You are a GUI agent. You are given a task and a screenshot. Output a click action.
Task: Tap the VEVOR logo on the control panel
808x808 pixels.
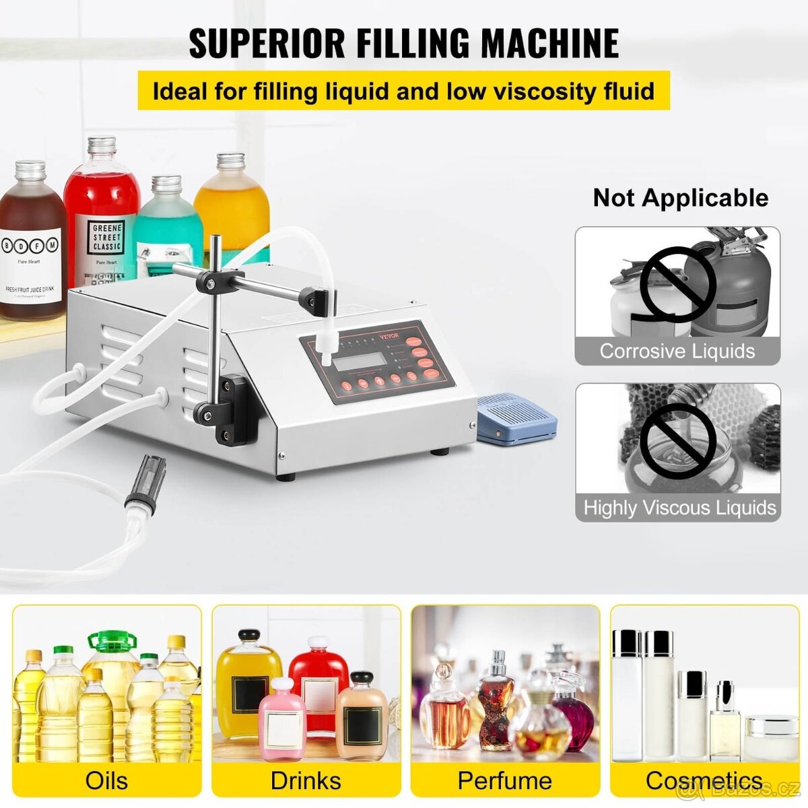tap(389, 336)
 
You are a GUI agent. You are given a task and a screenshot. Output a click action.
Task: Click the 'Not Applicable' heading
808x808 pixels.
tap(680, 197)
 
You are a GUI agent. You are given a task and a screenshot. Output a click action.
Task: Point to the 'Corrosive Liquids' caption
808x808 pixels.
tap(677, 351)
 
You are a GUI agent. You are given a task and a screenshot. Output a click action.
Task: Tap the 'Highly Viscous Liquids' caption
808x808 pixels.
tap(679, 507)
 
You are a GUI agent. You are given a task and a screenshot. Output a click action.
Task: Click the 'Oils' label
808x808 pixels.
tap(106, 780)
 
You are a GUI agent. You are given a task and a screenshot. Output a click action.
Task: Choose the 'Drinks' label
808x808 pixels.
tap(306, 780)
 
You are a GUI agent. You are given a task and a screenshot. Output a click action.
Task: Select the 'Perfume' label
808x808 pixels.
tap(504, 780)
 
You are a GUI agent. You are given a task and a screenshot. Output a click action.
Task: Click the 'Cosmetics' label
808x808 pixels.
tap(704, 780)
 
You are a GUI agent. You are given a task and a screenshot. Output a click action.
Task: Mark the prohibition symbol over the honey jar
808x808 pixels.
tap(677, 441)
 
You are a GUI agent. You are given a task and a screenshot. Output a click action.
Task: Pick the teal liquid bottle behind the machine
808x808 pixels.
tap(167, 229)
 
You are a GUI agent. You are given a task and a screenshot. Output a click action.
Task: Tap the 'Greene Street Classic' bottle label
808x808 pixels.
tap(107, 238)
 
